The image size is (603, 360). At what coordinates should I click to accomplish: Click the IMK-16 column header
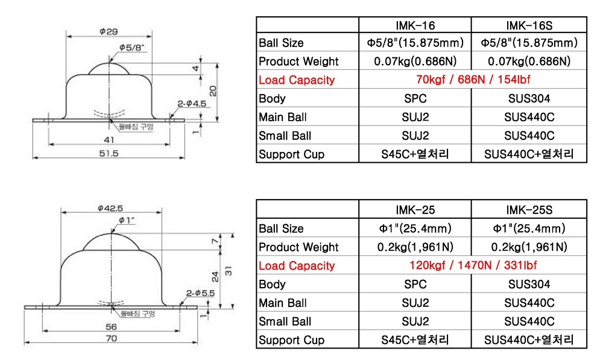[415, 25]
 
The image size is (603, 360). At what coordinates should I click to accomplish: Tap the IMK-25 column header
[415, 210]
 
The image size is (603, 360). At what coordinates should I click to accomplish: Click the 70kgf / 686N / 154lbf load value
[473, 80]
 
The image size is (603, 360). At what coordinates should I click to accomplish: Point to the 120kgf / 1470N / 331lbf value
[473, 265]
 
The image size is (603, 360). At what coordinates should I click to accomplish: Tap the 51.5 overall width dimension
[109, 154]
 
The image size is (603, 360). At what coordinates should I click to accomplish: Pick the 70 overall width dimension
[110, 339]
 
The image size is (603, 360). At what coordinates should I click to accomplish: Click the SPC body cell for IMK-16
[415, 99]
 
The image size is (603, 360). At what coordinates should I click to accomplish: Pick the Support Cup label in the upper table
[291, 154]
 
